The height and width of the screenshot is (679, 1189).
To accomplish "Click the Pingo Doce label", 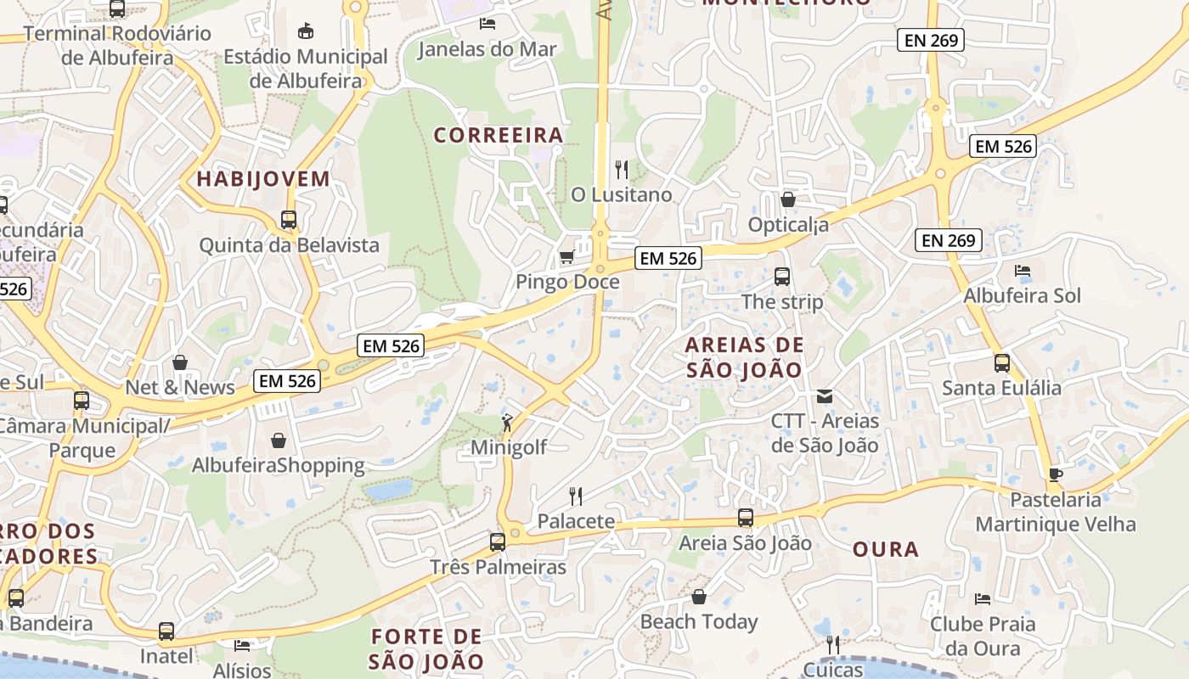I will pos(567,281).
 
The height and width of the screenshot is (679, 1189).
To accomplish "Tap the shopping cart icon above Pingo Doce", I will pos(566,256).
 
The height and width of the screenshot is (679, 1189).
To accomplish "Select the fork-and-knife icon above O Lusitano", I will pos(622,170).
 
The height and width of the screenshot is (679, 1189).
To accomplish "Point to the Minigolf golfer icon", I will pos(507,423).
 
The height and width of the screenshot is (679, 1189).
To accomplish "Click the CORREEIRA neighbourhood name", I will pos(499,135).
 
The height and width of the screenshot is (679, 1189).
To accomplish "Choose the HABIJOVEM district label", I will pos(263,179).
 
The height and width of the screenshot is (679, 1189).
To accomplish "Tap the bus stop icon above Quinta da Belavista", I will pos(289,220).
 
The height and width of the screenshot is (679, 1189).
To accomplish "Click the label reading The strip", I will pos(782,301).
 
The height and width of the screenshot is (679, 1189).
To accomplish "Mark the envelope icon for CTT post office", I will pos(824,396).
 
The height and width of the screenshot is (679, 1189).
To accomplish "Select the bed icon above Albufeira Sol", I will pos(1023,271).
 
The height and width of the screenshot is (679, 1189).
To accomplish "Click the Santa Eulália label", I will pos(1001,388).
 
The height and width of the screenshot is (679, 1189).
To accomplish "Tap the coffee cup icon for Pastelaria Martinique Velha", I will pos(1056,474).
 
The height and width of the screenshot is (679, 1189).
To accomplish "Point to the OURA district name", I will pos(886,549).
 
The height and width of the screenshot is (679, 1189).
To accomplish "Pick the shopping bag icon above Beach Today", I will pos(699,597).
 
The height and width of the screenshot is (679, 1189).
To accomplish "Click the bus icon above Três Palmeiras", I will pos(498,542).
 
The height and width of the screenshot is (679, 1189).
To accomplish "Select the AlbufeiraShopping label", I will pos(278,465).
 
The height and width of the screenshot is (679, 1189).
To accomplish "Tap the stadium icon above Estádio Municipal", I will pos(306,31).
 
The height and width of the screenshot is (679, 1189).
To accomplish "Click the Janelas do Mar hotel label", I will pos(487,49).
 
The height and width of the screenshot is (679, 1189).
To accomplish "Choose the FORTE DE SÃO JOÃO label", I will pos(428,648).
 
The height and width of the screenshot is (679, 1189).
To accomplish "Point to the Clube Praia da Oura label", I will pos(983,636).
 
